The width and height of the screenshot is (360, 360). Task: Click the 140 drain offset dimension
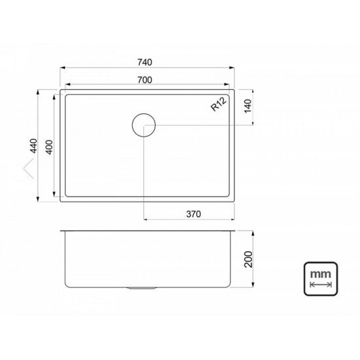(247, 107)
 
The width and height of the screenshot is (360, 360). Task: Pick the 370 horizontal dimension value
(192, 213)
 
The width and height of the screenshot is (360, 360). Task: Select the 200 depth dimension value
(248, 259)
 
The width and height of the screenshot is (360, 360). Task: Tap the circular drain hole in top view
(144, 124)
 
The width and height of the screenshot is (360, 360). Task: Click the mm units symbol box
(320, 278)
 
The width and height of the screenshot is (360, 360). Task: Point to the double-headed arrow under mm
(320, 285)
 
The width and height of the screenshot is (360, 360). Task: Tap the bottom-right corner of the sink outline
(235, 200)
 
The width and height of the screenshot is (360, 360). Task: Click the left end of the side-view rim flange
(61, 230)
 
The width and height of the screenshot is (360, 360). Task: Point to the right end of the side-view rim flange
(236, 230)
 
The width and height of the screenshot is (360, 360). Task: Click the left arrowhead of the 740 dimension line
(63, 68)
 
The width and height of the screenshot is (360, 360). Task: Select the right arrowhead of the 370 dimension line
(234, 219)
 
